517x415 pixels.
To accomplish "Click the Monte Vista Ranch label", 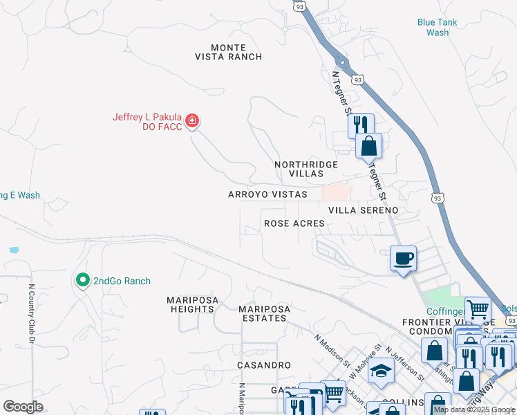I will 227,52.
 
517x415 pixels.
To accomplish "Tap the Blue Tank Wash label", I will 437,27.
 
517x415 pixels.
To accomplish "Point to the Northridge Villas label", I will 306,169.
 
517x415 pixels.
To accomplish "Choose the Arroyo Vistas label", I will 267,195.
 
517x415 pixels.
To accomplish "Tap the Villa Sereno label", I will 363,210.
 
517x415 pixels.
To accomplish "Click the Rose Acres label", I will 294,223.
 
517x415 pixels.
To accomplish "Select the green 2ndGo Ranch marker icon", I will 82,280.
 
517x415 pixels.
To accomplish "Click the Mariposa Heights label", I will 191,304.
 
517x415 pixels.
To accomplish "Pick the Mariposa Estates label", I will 263,313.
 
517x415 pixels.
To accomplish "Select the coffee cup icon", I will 404,259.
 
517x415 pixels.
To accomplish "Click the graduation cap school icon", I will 380,371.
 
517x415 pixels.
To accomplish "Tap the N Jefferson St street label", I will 406,362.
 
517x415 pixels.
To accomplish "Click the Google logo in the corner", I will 23,407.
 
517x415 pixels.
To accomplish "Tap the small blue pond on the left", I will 15,249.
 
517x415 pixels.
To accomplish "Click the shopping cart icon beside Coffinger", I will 478,310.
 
